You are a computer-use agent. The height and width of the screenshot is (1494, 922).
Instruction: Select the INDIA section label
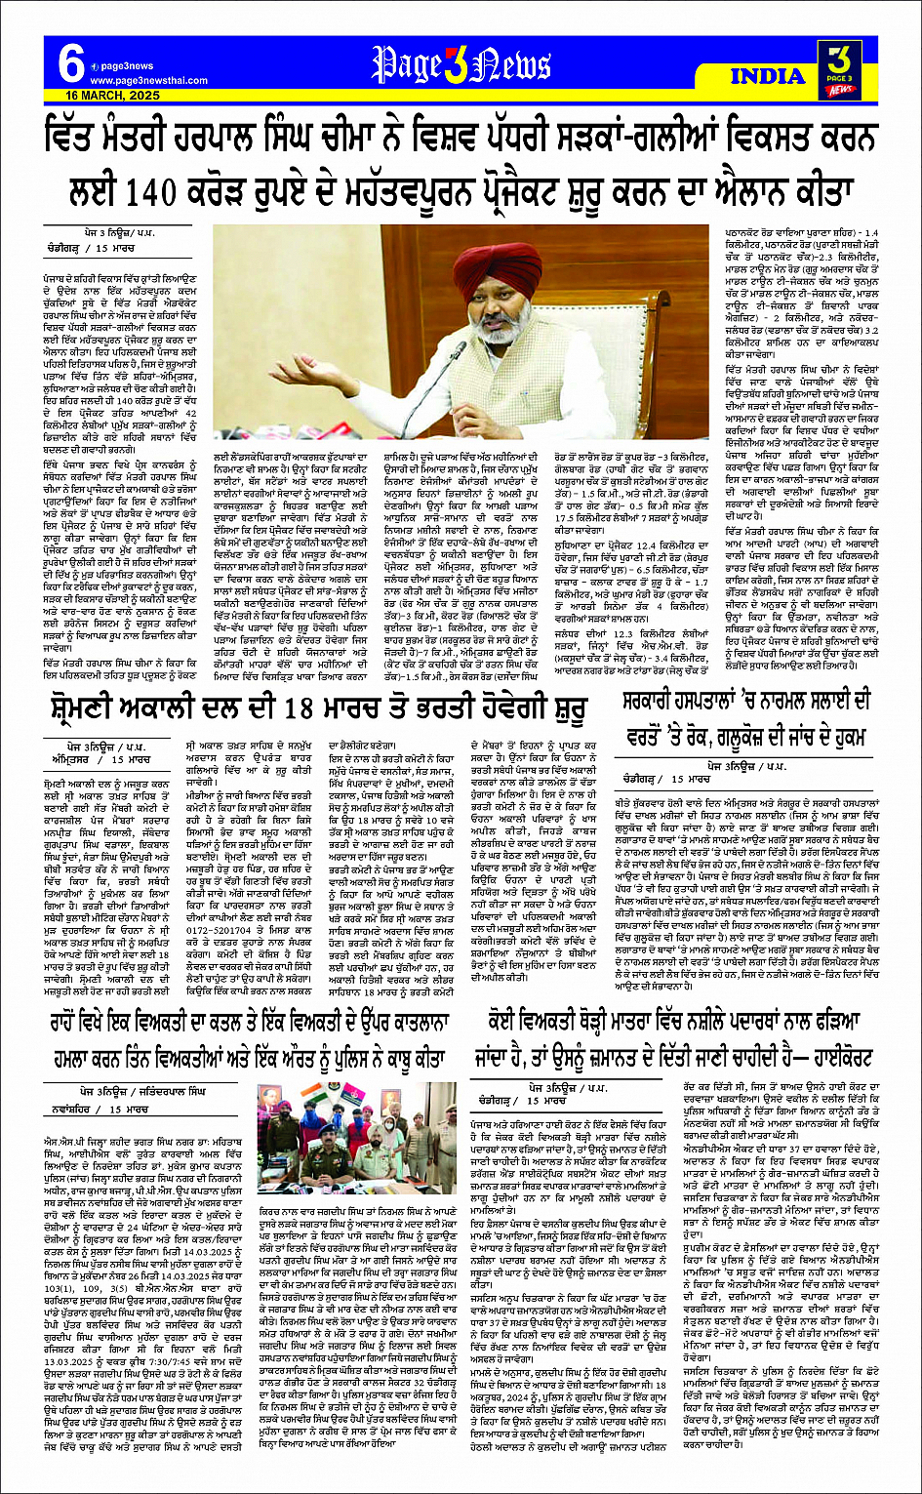[x=767, y=76]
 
